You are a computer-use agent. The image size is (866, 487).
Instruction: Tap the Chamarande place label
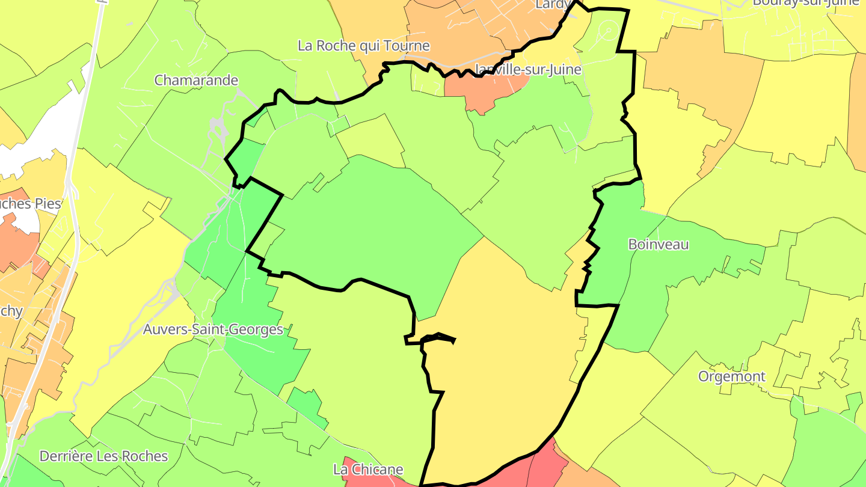196,80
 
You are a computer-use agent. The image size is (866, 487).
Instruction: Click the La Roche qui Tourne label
364,46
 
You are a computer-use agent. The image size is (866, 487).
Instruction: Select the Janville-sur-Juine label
528,70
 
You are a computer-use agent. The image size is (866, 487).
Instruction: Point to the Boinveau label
658,244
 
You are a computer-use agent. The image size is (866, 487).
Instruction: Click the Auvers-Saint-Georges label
213,329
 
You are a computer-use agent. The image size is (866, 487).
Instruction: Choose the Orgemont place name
731,376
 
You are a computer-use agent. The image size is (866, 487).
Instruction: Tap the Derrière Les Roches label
103,456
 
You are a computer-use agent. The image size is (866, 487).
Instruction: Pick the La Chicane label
368,469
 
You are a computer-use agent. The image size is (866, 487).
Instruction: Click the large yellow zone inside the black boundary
505,361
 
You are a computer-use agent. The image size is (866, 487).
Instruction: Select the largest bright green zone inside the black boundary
373,222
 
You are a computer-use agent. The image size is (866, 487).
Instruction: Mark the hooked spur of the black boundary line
439,337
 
